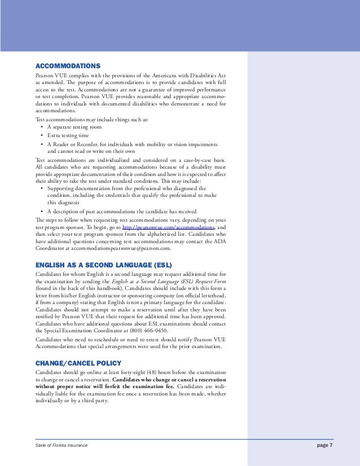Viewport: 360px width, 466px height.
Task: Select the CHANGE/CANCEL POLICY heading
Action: (x=78, y=363)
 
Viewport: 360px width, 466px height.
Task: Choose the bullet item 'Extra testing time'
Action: (x=68, y=136)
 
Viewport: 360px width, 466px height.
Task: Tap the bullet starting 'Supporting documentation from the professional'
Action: (x=126, y=188)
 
